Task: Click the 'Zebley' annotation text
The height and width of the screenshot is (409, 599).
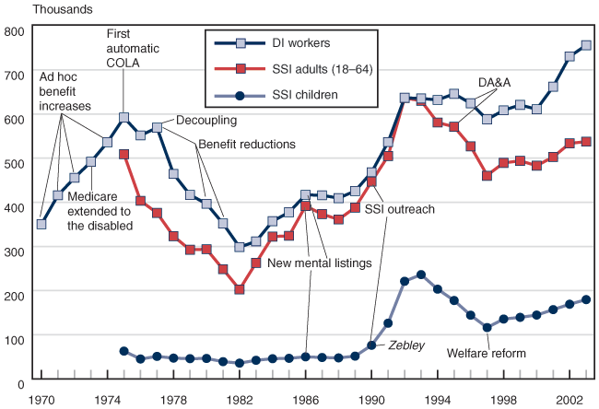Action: [406, 345]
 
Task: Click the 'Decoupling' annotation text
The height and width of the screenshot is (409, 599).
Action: [206, 120]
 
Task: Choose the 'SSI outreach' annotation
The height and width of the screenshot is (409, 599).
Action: [399, 210]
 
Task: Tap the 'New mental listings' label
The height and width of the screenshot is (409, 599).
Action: [319, 263]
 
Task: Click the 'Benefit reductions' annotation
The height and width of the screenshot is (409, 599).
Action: [247, 145]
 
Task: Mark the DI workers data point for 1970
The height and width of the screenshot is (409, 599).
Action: [41, 224]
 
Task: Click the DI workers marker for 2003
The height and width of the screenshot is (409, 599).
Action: [586, 45]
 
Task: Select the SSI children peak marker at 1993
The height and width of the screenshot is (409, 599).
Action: [421, 275]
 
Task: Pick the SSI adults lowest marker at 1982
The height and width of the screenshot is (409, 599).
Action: [240, 289]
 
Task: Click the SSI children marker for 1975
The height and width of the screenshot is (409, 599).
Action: [123, 351]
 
